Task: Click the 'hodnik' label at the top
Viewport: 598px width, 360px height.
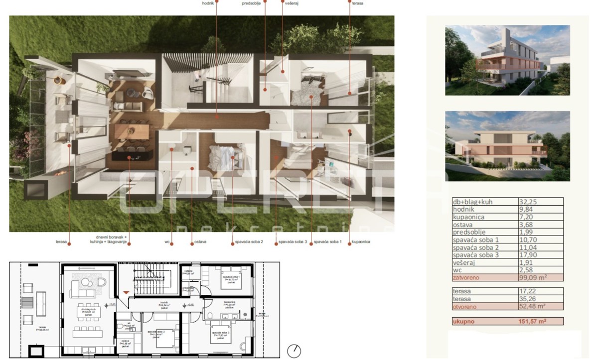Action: click(x=209, y=3)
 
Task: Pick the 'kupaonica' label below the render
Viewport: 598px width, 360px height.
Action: click(x=360, y=242)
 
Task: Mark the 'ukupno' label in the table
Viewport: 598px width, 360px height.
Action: click(x=463, y=322)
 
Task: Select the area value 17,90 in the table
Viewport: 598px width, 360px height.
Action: click(x=529, y=255)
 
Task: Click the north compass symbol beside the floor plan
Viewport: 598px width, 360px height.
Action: click(x=294, y=351)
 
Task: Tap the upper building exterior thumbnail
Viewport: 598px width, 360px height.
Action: click(x=507, y=60)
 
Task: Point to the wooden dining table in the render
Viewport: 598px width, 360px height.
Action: click(x=132, y=132)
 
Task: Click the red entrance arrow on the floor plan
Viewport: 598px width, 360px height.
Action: click(x=126, y=292)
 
